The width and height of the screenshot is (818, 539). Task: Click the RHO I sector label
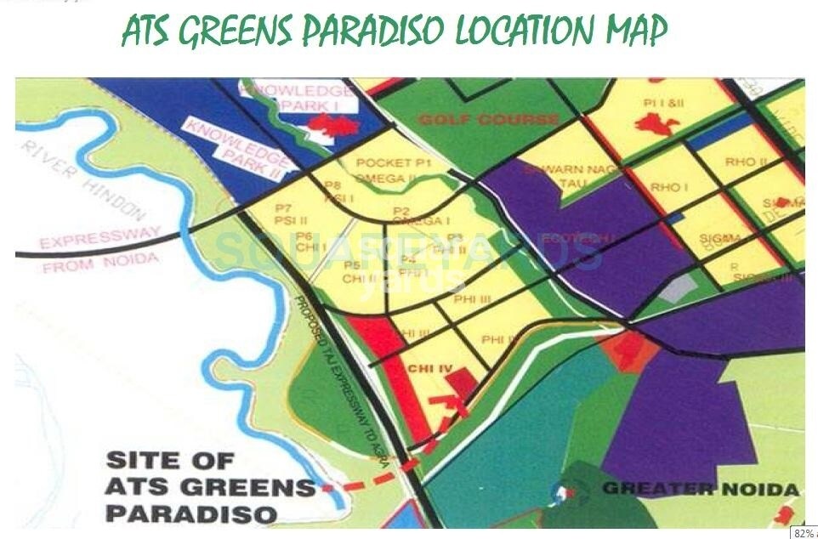669,186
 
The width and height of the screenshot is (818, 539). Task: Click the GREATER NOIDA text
700,489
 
